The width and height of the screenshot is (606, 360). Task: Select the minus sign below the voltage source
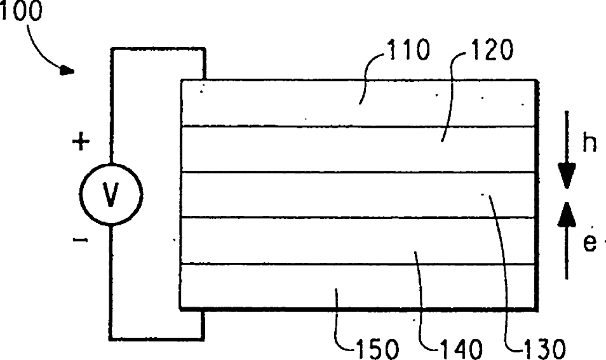[80, 241]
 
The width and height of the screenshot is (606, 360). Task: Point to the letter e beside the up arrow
[589, 243]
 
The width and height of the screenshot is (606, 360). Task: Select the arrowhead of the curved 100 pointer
[67, 70]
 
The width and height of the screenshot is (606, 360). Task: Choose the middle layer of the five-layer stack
[359, 194]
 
